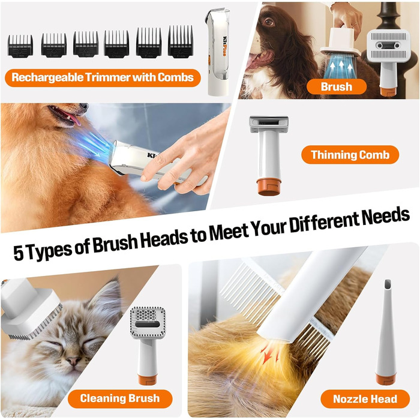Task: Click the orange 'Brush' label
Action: (337, 86)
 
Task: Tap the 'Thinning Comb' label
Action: (350, 155)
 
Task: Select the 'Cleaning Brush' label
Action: (120, 398)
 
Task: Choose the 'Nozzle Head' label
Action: (365, 399)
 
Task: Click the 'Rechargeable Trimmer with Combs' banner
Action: (103, 77)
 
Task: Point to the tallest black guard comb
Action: (180, 41)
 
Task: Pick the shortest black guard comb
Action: (20, 46)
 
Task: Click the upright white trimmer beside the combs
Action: (218, 52)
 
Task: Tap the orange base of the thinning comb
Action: (269, 187)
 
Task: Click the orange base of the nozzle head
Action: (386, 379)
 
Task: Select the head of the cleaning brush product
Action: (148, 323)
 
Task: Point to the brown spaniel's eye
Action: (269, 22)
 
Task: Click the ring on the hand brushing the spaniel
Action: (355, 25)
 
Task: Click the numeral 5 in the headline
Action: (19, 253)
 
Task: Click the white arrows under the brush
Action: (341, 67)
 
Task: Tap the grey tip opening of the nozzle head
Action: (388, 284)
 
